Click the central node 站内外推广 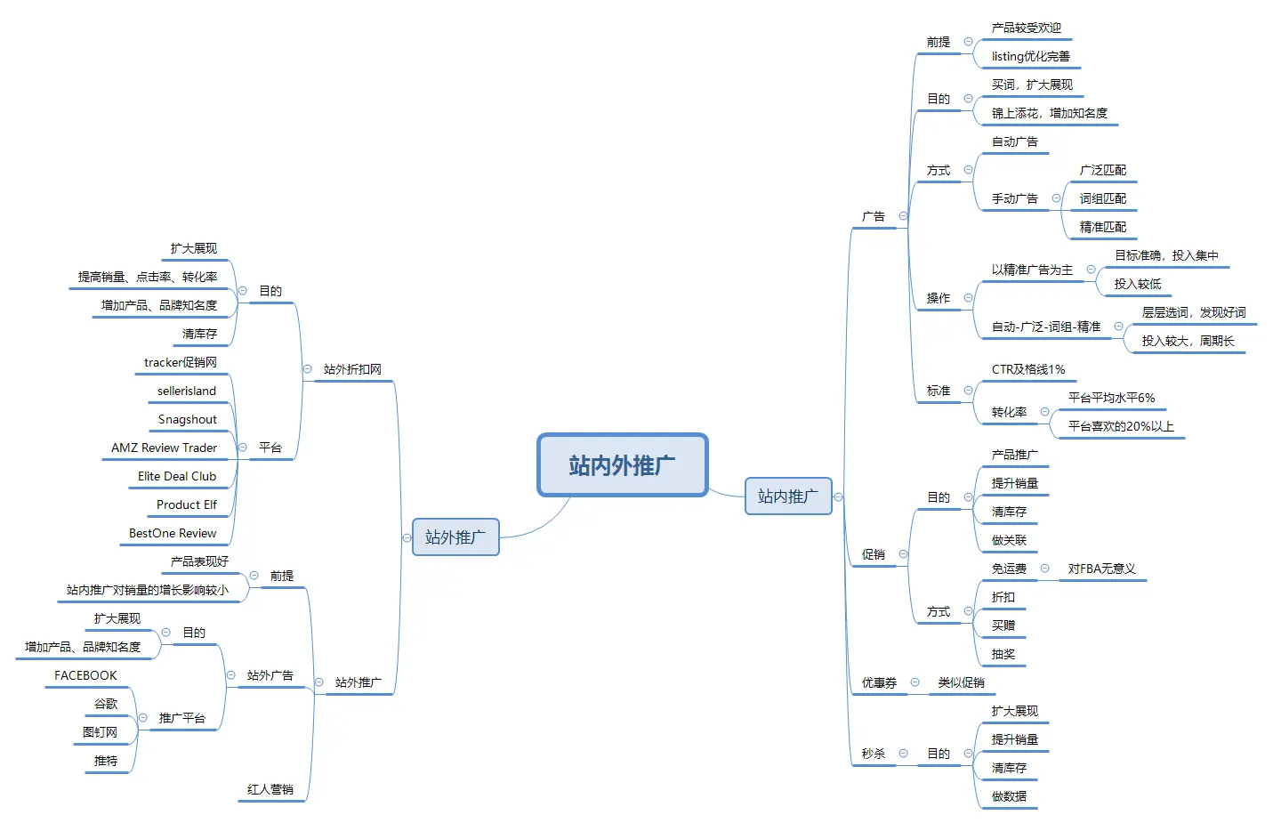pos(622,464)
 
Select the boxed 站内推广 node pos(787,496)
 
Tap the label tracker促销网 pos(180,362)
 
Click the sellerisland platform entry pos(187,391)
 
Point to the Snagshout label pos(187,419)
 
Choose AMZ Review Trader pos(164,448)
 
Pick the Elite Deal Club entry pos(177,476)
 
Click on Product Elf pos(186,504)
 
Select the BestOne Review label pos(173,533)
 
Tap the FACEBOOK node pos(85,675)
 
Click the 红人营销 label pos(270,789)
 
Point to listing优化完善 pos(1030,56)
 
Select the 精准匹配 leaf pos(1102,227)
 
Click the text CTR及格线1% pos(1027,369)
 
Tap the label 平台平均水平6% pos(1111,398)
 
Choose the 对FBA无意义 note pos(1101,569)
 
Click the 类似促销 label pos(961,682)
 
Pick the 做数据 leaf pos(1009,796)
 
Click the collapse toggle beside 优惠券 pos(914,682)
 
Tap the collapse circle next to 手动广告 pos(1056,198)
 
